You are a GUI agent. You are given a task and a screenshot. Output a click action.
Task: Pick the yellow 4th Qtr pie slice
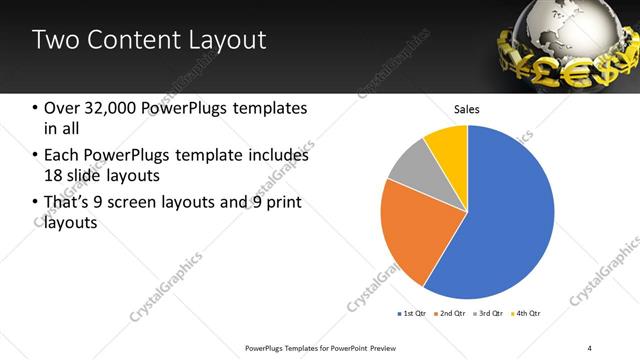click(448, 145)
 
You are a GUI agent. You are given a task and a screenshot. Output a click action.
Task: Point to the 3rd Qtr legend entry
click(487, 314)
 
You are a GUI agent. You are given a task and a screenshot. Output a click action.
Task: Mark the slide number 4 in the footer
click(590, 347)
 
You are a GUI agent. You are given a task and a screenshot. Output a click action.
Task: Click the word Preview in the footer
click(373, 347)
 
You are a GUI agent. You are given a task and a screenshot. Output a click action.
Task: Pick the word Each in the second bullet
click(62, 156)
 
